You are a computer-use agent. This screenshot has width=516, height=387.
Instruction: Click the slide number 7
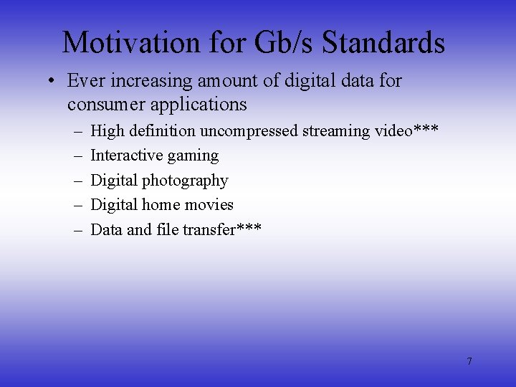pos(469,361)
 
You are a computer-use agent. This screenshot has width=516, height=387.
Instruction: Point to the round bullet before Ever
pos(52,81)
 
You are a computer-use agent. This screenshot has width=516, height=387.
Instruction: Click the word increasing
pos(153,81)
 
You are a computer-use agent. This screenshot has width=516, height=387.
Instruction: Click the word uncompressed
pos(249,131)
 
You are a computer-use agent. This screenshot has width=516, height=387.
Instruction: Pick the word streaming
pos(337,131)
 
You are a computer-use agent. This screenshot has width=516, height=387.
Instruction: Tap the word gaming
pos(193,157)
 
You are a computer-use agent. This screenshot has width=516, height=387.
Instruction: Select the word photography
pos(185,181)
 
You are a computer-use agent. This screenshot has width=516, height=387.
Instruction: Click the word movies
pos(209,205)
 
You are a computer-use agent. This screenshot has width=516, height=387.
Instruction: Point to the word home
pos(160,205)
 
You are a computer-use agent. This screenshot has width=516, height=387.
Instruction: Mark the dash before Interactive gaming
pos(77,156)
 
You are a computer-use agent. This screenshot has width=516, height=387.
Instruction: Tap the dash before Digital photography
pos(77,181)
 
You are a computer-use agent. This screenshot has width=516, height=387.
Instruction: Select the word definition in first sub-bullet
pos(162,131)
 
